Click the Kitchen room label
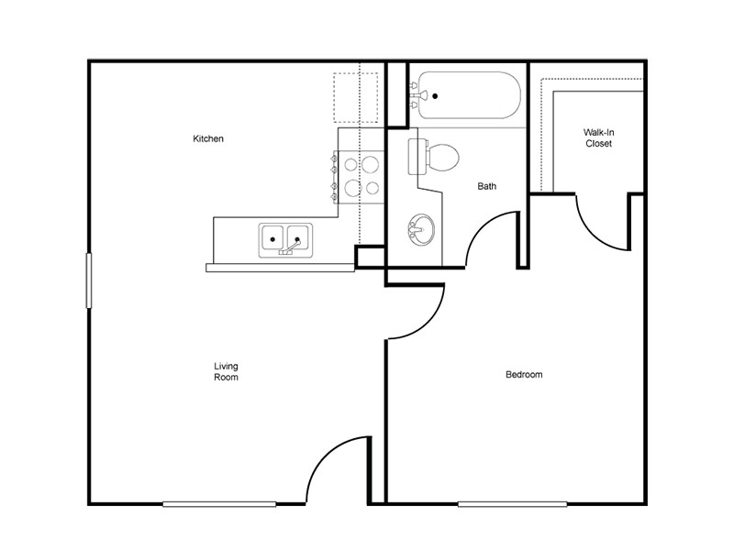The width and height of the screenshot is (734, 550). pos(208,138)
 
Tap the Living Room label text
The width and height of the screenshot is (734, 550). pos(226,372)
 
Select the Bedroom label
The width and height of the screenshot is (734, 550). pos(524,375)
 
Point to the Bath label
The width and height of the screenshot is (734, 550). pos(487,186)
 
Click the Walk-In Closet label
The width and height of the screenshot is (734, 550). pos(599,138)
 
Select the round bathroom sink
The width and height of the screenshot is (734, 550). pos(421,230)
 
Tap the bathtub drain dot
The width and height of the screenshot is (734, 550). pos(435,96)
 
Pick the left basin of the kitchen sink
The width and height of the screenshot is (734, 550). pos(272,237)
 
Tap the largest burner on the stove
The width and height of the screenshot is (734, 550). pos(371,164)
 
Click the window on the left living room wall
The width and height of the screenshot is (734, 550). pos(88,280)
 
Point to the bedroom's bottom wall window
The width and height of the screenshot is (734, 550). pos(513,504)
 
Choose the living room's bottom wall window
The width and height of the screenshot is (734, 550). pos(219,504)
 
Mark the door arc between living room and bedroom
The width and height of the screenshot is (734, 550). pos(428,324)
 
